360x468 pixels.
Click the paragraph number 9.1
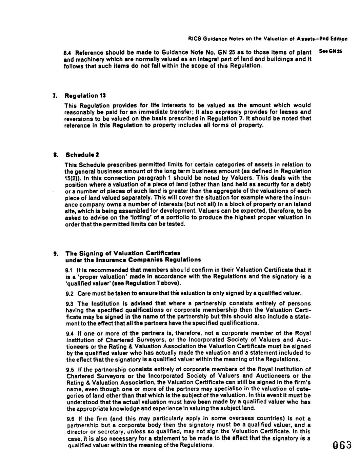pos(69,270)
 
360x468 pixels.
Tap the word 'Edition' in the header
pos(340,39)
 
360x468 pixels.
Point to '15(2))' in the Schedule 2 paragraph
pos(73,178)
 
